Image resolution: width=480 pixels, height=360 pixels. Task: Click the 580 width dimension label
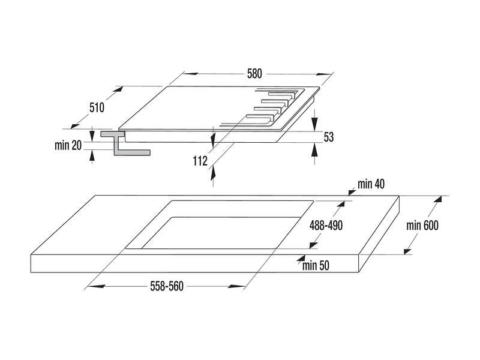coord(254,74)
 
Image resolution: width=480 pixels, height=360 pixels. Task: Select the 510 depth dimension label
coord(97,108)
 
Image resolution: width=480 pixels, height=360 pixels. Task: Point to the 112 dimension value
coord(200,160)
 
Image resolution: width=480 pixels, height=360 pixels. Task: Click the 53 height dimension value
coord(328,137)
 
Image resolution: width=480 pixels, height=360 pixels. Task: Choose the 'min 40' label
coord(370,184)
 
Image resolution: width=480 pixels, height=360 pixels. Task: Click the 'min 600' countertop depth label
coord(422,226)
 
